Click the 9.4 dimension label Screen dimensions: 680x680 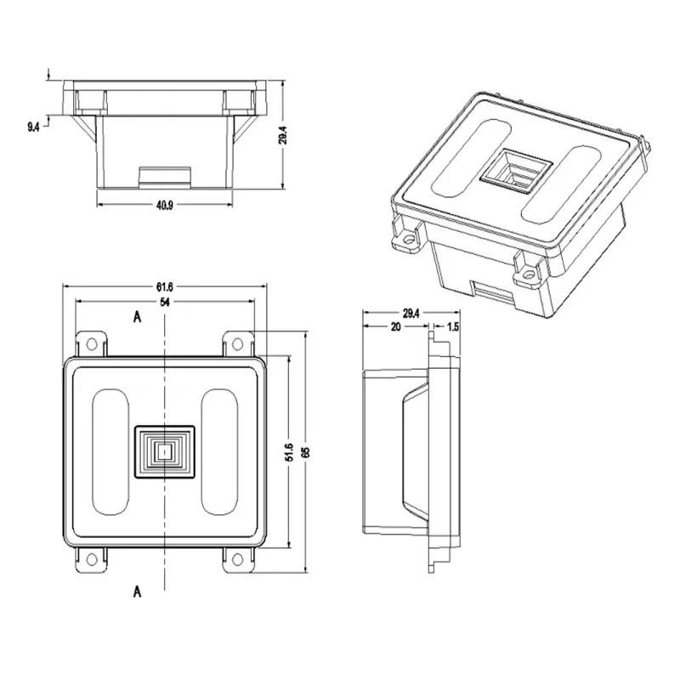(x=32, y=127)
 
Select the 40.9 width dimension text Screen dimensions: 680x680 (x=165, y=205)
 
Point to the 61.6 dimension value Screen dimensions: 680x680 (x=165, y=286)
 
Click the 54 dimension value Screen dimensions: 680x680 (x=165, y=303)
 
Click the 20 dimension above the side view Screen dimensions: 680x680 (x=396, y=326)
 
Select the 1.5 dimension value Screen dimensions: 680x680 (x=453, y=326)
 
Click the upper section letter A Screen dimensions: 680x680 (x=136, y=316)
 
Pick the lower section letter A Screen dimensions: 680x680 (x=136, y=592)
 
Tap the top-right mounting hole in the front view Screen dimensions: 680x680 (x=237, y=343)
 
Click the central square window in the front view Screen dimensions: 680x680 (x=165, y=452)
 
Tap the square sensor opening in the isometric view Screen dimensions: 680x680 (x=512, y=173)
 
